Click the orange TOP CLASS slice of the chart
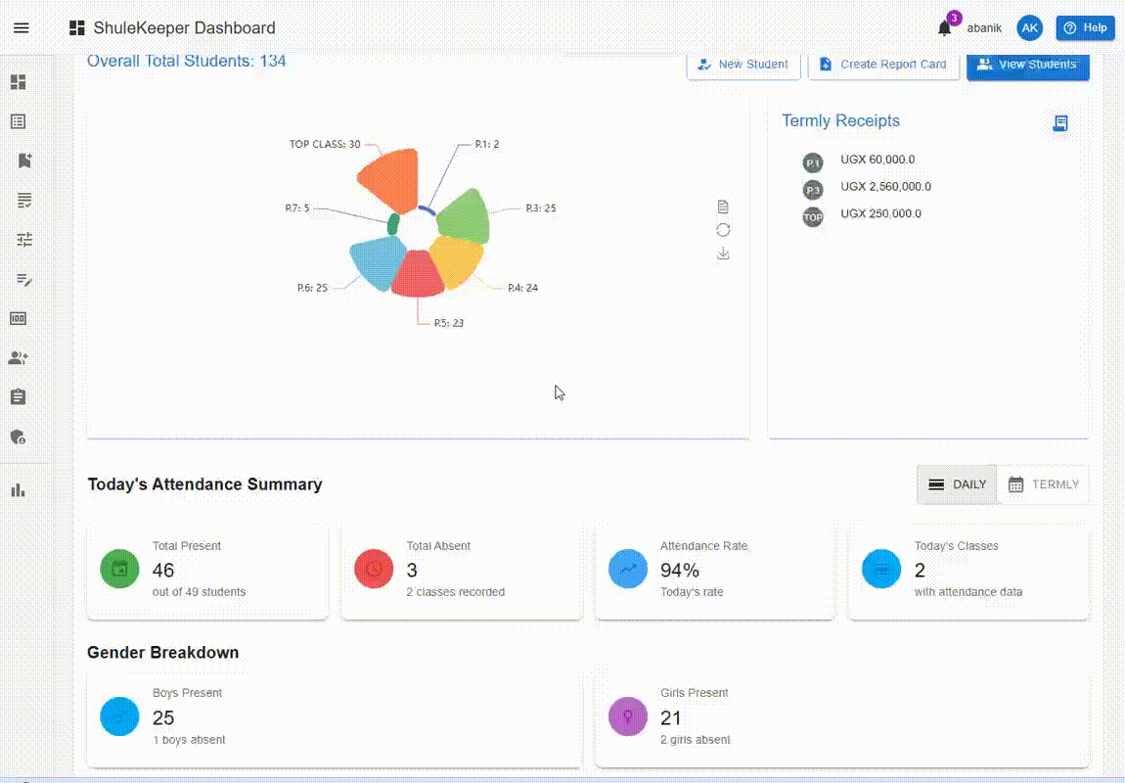[388, 177]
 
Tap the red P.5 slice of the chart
[418, 274]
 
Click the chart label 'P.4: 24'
[522, 288]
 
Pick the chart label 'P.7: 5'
[297, 207]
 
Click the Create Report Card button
[883, 65]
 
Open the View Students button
[1027, 65]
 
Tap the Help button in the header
[1085, 28]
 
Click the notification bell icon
[944, 28]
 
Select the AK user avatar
[1029, 28]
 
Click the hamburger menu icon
[22, 28]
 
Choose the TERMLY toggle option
[1043, 484]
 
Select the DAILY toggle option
[957, 484]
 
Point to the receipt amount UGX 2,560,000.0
[885, 187]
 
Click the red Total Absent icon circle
[374, 569]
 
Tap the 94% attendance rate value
[680, 571]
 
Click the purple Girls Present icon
[627, 715]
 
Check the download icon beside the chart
[723, 253]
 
